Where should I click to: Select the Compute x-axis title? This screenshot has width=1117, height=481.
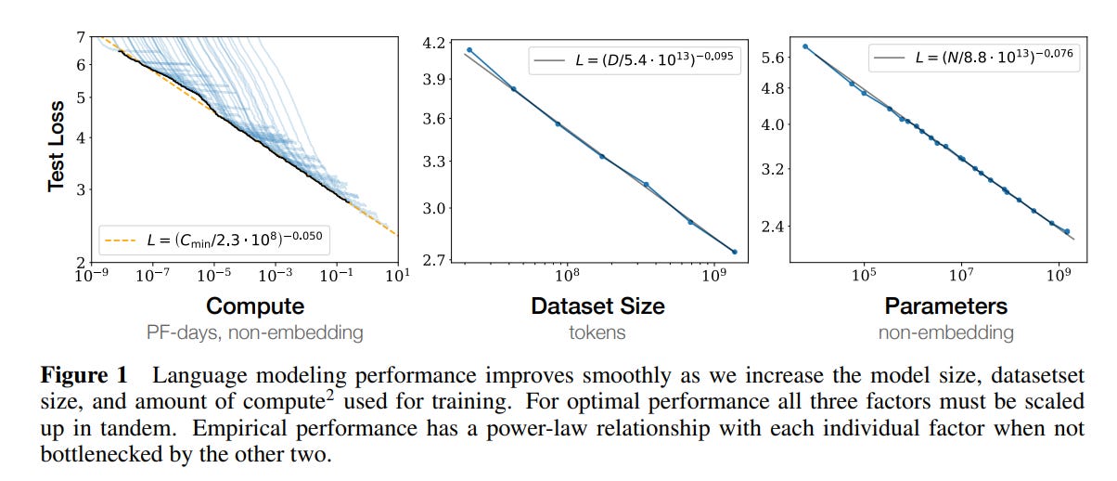click(x=254, y=306)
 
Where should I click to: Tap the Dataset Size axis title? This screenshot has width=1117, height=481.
click(x=597, y=306)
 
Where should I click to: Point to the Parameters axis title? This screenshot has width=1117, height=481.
click(x=945, y=306)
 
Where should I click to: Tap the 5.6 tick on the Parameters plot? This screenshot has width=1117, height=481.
click(x=773, y=58)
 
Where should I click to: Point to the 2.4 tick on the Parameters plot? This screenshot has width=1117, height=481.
click(x=773, y=227)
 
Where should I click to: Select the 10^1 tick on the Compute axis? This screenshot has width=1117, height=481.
click(x=398, y=277)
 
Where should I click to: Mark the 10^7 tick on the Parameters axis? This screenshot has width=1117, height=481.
click(x=961, y=277)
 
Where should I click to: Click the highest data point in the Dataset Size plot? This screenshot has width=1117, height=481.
click(x=469, y=50)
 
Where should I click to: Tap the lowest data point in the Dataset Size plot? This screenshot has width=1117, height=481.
click(x=735, y=252)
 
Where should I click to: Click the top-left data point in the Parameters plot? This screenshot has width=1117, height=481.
click(x=805, y=46)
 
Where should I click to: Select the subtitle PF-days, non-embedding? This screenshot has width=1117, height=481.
click(x=254, y=332)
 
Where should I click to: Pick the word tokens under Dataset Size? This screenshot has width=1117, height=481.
click(x=597, y=332)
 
